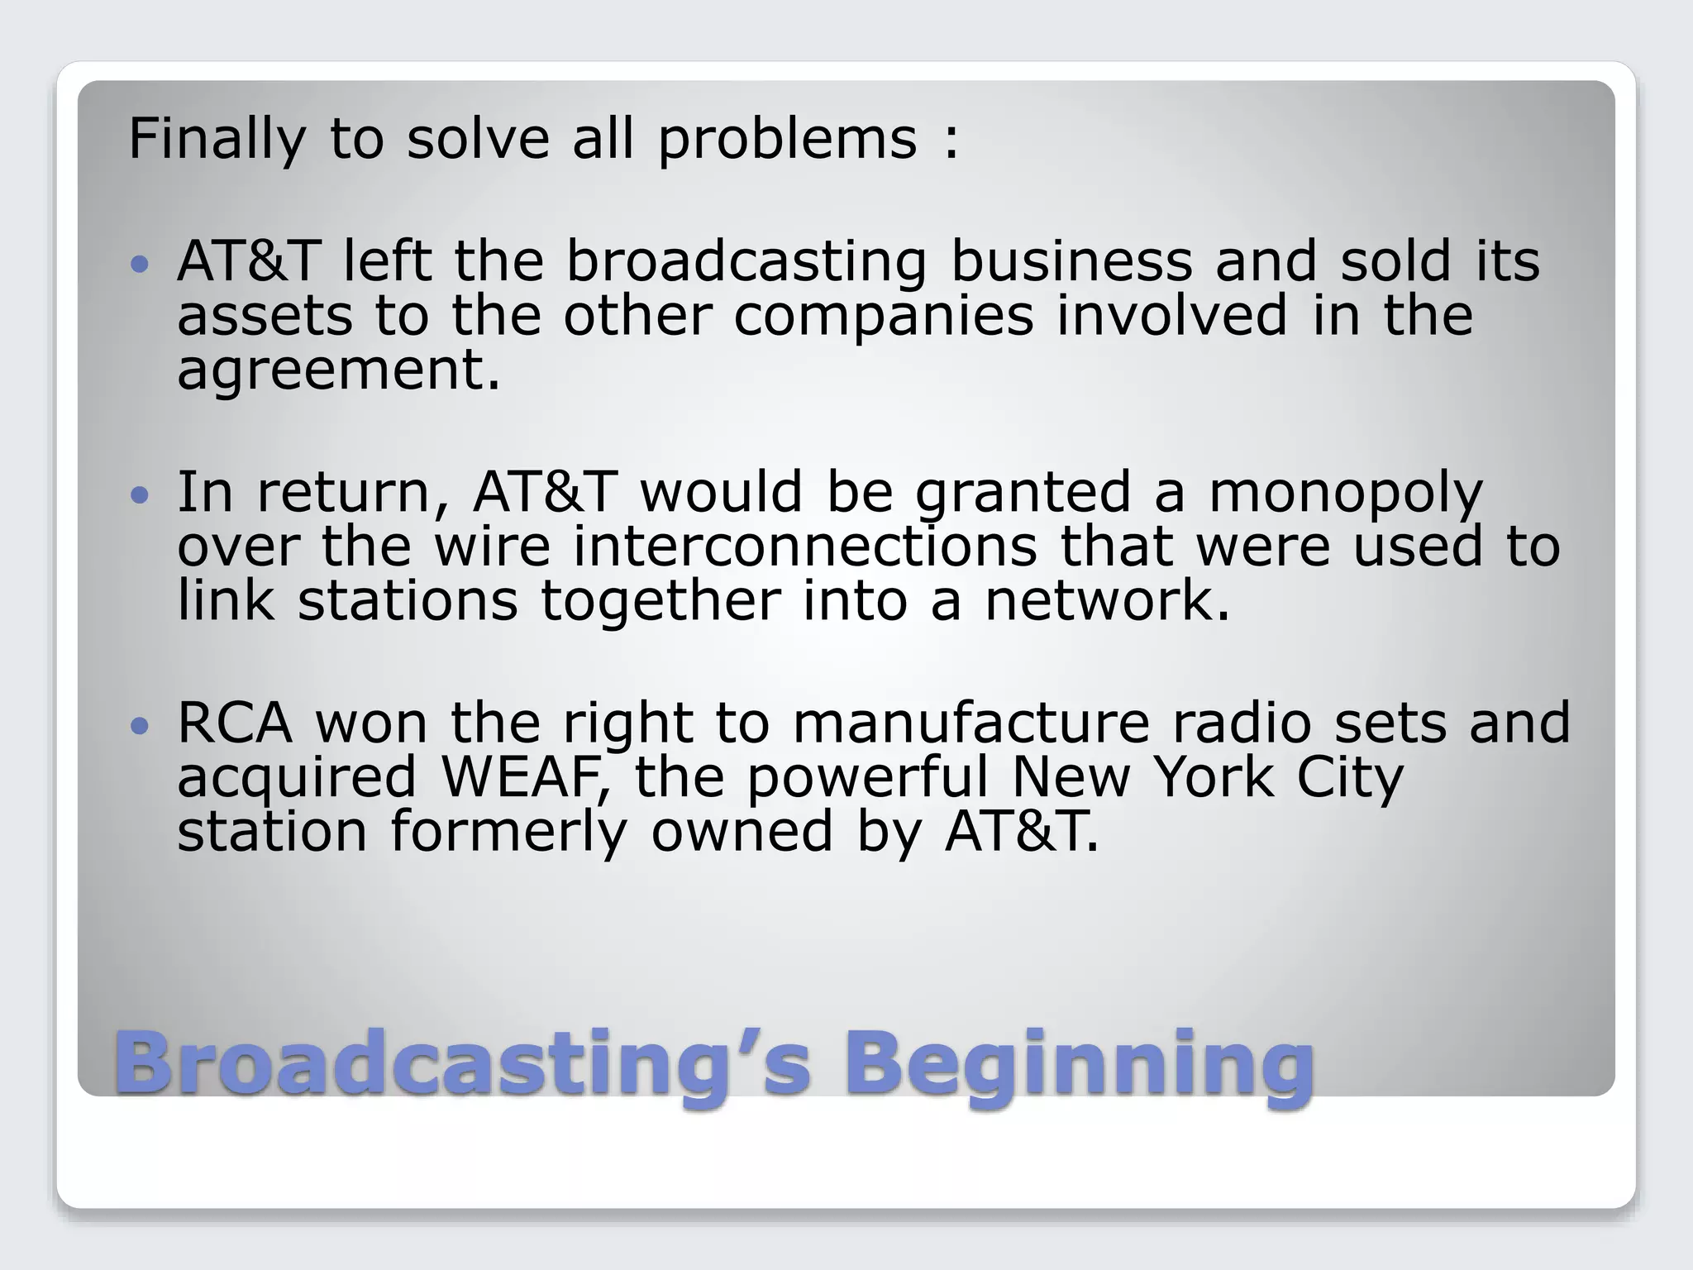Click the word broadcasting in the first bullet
[x=746, y=261]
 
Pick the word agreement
[x=338, y=370]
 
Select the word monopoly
[x=1345, y=494]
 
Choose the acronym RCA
[x=234, y=723]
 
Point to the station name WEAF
[x=526, y=777]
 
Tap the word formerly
[x=508, y=832]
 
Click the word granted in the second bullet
[x=1023, y=494]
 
